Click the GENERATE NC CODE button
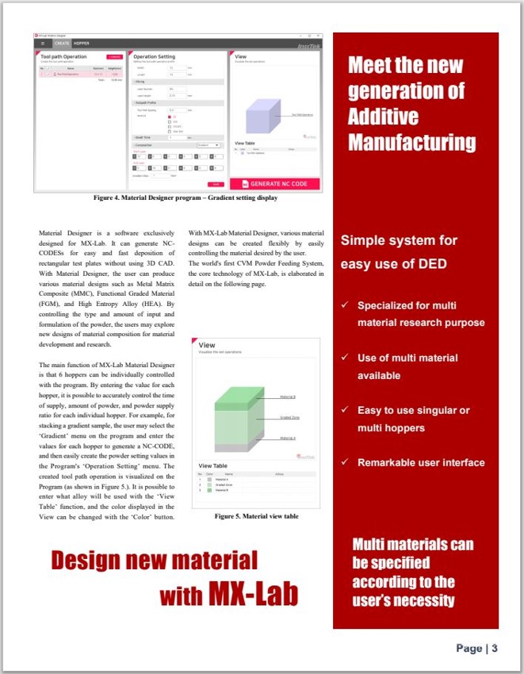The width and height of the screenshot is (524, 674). [x=275, y=183]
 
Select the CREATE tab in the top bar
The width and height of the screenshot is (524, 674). [x=63, y=44]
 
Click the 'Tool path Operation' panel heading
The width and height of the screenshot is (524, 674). [x=63, y=57]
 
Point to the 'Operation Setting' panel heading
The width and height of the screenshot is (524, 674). [x=155, y=57]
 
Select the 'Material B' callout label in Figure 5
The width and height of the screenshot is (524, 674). [x=289, y=396]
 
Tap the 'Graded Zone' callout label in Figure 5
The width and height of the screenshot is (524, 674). [x=289, y=417]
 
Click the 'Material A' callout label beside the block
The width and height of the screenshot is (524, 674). [x=289, y=438]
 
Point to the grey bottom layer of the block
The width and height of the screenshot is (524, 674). [x=234, y=440]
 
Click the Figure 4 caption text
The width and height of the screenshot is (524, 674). [x=186, y=197]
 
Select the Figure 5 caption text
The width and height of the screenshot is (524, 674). [x=256, y=516]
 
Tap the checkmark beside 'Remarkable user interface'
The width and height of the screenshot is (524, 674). [x=343, y=462]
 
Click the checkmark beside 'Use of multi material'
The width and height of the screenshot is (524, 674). [x=343, y=358]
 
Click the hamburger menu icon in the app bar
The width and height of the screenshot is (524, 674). [x=43, y=44]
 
